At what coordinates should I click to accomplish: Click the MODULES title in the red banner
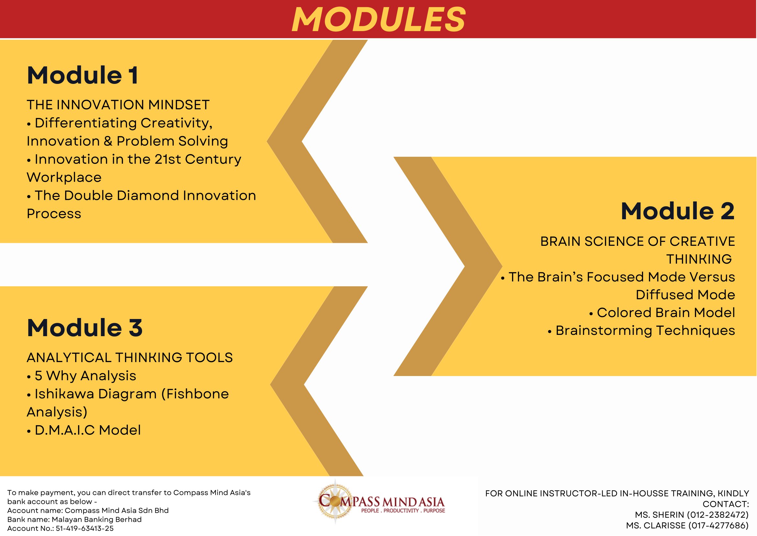point(379,19)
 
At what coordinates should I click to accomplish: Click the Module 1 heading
point(83,75)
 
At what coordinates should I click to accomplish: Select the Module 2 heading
point(678,211)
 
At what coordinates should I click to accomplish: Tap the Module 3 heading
point(85,328)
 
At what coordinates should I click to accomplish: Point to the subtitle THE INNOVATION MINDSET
point(118,105)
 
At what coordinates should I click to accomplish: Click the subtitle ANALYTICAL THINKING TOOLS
point(130,358)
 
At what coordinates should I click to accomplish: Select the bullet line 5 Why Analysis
point(82,376)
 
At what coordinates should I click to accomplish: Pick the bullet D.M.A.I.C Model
point(84,430)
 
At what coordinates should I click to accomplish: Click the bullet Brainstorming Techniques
point(641,331)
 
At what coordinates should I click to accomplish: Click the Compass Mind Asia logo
point(379,502)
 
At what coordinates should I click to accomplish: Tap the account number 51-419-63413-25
point(84,529)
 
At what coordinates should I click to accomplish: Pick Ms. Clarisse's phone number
point(719,525)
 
